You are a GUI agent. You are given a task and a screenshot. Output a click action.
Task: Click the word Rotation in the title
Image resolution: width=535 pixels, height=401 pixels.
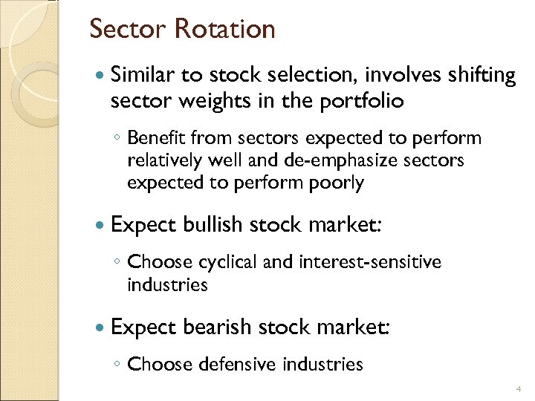[x=224, y=30]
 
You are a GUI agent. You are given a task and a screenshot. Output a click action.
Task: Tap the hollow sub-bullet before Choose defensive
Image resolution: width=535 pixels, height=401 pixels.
[x=118, y=365]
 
